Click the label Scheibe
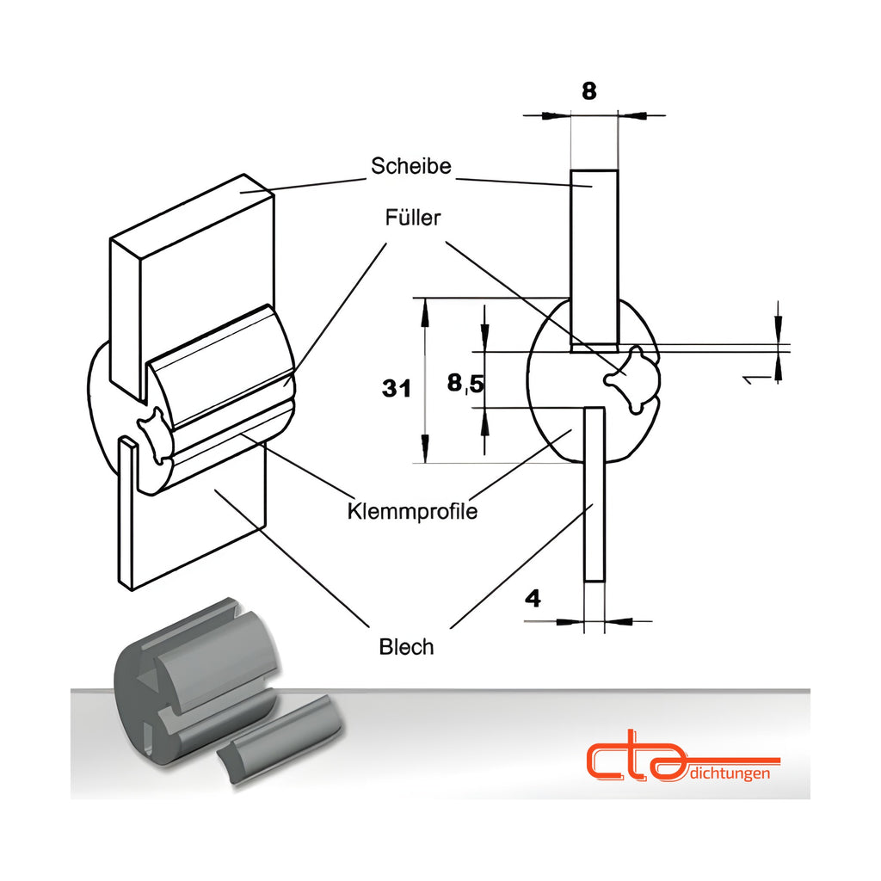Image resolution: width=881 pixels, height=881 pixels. [x=410, y=166]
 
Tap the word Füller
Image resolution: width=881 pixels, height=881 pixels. [x=413, y=218]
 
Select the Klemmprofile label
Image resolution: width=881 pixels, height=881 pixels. [x=412, y=511]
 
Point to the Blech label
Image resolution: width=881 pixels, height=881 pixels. [x=406, y=647]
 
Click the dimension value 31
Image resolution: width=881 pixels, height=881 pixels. [x=396, y=388]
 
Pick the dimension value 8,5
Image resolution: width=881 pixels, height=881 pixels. [x=465, y=384]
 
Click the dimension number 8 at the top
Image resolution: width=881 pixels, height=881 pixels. [x=588, y=91]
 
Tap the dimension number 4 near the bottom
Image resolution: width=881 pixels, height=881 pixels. [x=533, y=599]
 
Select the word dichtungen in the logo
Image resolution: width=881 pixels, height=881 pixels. [x=729, y=773]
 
